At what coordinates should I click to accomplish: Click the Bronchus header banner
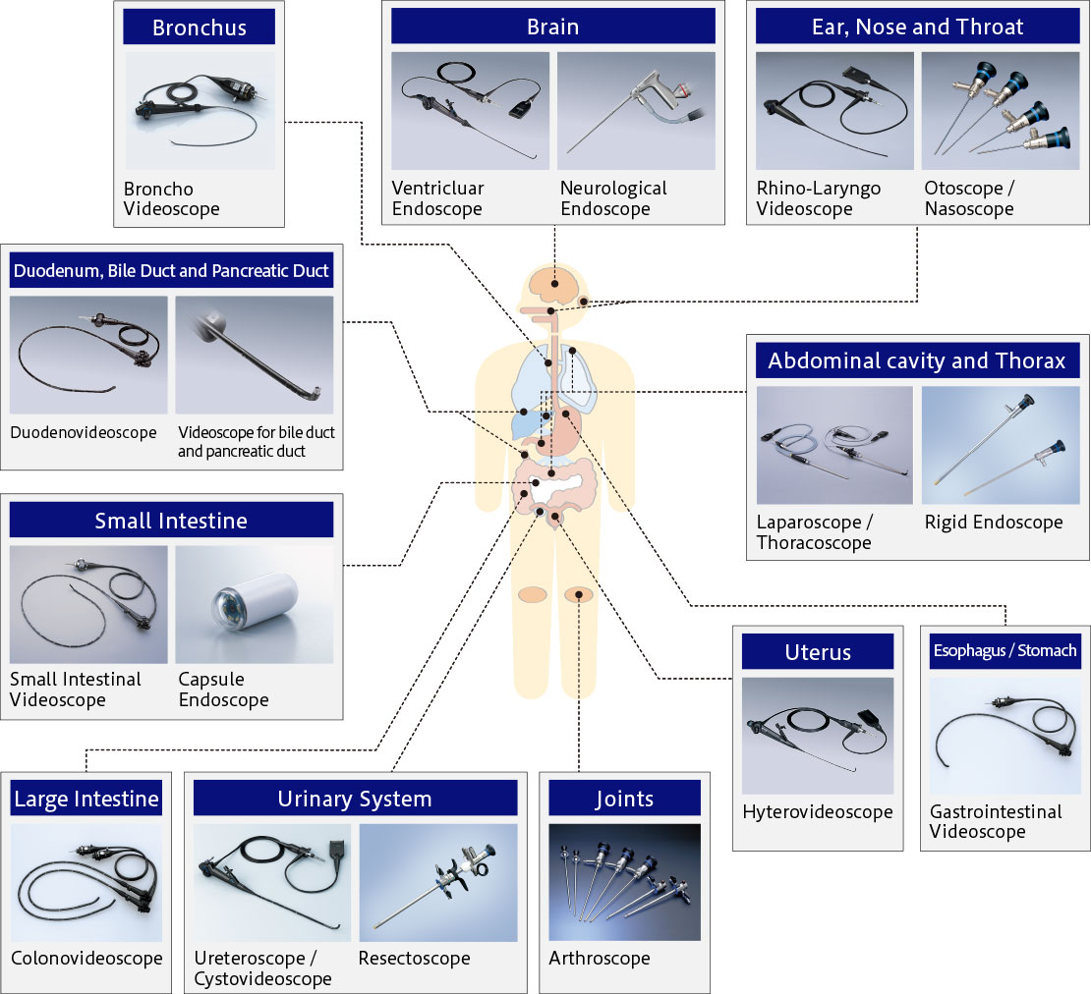pos(199,28)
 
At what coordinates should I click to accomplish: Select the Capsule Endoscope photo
pos(254,605)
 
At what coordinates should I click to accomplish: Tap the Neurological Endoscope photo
pos(636,111)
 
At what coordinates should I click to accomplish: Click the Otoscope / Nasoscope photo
pos(1001,111)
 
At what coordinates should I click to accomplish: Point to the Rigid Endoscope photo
pos(1001,445)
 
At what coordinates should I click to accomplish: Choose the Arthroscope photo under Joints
pos(625,882)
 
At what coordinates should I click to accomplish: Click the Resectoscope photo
pos(438,883)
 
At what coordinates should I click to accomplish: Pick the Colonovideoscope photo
pos(86,883)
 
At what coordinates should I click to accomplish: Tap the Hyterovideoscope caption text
pos(818,812)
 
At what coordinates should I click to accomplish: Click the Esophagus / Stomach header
pos(1005,651)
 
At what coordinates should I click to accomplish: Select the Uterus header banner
pos(818,651)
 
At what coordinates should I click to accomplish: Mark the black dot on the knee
pos(578,595)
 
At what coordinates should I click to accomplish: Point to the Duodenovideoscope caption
pos(84,432)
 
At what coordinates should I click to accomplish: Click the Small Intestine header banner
pos(171,520)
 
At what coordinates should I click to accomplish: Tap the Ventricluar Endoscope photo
pos(471,111)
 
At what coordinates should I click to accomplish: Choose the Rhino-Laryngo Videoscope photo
pos(834,111)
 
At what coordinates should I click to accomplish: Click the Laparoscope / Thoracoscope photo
pos(834,445)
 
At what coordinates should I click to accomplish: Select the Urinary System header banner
pos(356,798)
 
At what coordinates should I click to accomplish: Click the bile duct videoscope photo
pos(254,356)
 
